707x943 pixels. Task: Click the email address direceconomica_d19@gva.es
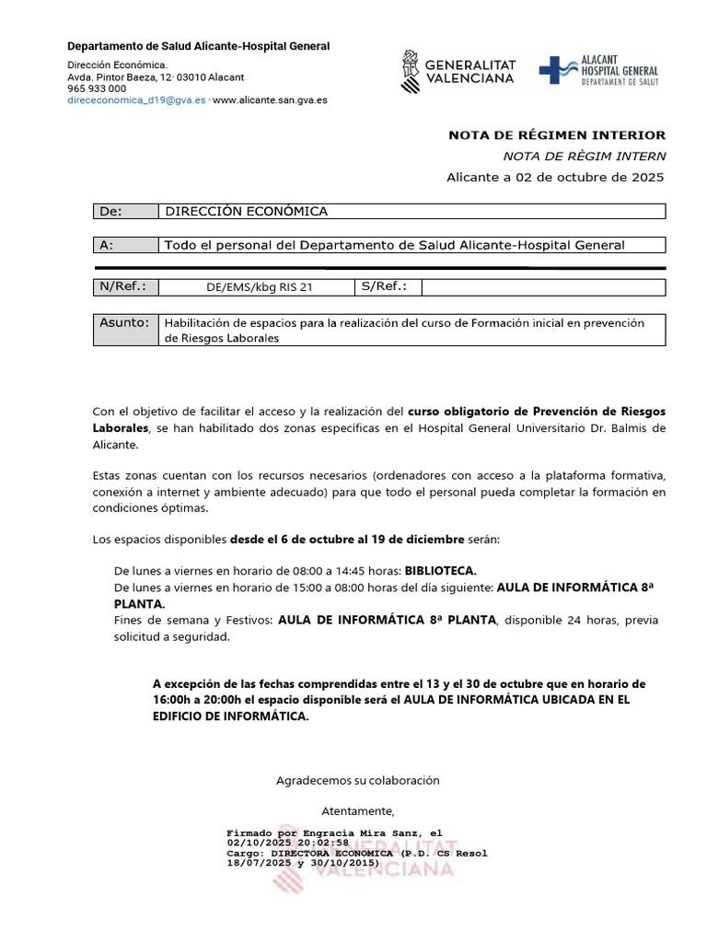pos(137,100)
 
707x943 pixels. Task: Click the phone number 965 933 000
pos(97,88)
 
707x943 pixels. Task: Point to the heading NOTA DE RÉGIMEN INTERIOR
pos(556,135)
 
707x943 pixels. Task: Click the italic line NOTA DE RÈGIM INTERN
pos(584,157)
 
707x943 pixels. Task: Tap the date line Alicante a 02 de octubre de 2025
pos(554,177)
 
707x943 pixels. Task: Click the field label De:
pos(110,212)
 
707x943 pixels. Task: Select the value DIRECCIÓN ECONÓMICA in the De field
pos(246,212)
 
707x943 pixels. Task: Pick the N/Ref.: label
pos(122,286)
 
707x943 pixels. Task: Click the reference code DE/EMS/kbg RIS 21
pos(260,287)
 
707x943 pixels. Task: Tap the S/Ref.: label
pos(384,286)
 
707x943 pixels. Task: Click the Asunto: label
pos(124,323)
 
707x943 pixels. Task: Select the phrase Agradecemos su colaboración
pos(358,780)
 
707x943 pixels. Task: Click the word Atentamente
pos(358,811)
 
